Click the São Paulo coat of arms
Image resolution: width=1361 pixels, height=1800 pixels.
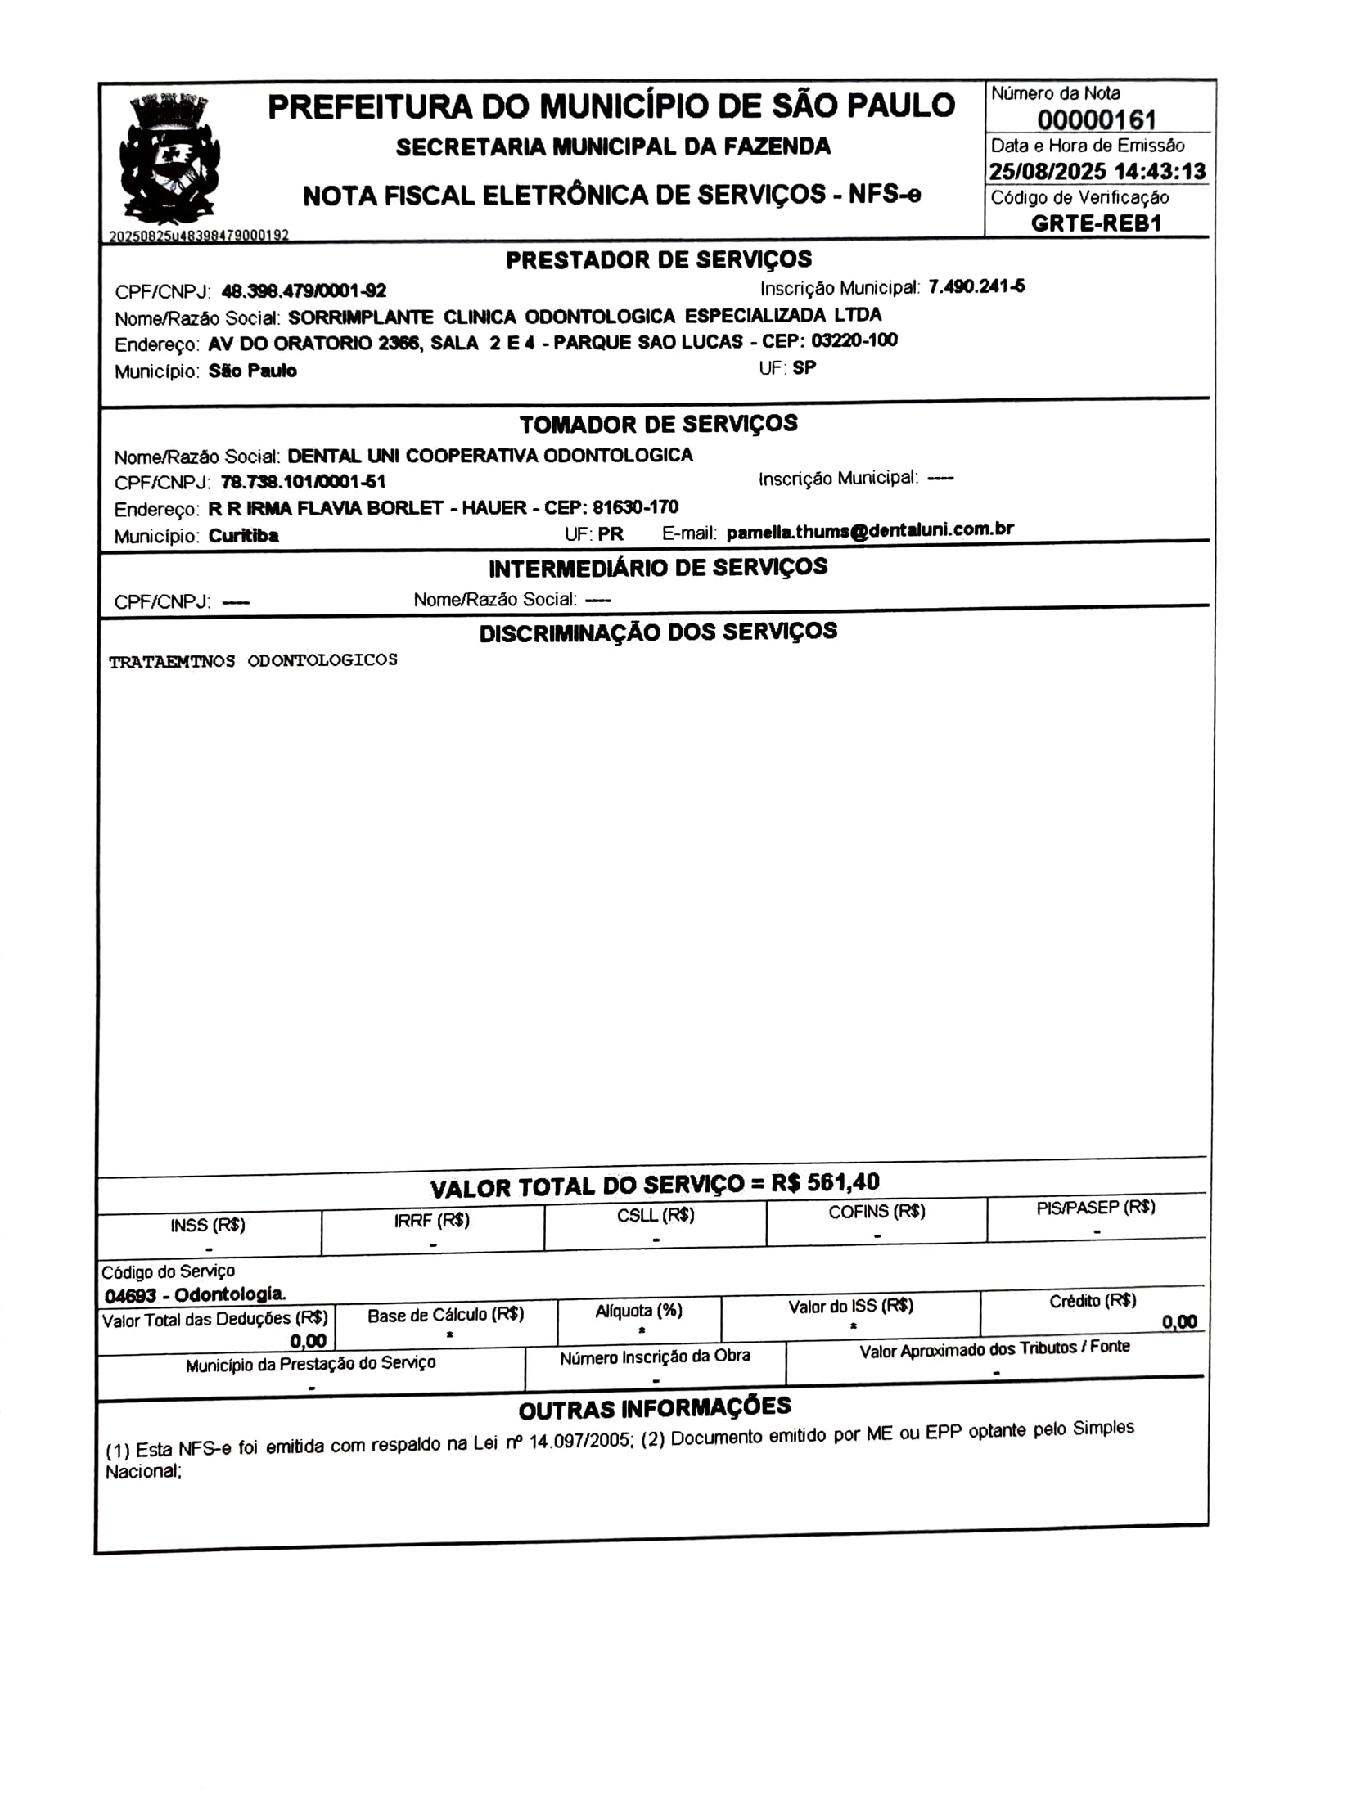169,160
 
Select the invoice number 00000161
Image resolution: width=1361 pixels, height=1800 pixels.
1096,119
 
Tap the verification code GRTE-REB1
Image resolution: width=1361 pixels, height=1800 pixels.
1096,223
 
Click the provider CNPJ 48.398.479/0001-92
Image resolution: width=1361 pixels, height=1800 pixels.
304,290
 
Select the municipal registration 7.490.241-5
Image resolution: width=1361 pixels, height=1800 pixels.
976,286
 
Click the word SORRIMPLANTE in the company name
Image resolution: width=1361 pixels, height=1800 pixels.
360,317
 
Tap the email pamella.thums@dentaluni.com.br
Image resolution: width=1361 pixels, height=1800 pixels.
870,530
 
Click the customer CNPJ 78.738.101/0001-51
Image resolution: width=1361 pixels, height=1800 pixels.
303,481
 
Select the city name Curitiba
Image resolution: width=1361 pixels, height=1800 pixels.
243,536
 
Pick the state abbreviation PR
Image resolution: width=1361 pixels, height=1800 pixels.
611,534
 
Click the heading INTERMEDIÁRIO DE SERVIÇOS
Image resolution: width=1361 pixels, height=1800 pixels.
658,568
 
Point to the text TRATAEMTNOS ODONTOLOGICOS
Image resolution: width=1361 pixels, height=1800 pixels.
254,660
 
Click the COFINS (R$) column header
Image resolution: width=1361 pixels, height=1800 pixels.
877,1212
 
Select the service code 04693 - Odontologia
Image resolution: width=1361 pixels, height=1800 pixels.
195,1294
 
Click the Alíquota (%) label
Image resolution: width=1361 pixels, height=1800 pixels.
638,1311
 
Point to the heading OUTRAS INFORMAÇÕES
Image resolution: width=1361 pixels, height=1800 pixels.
655,1408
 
